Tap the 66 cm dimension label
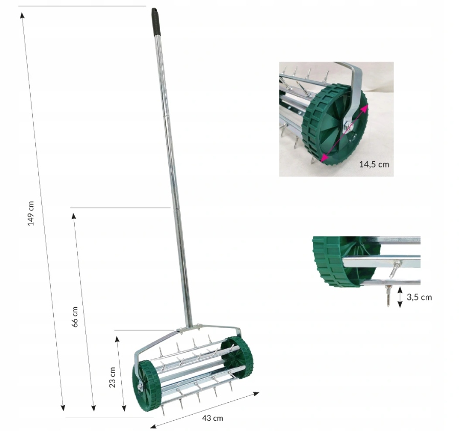75,317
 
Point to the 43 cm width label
212,418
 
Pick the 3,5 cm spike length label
419,297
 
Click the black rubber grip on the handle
156,21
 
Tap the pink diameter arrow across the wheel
343,134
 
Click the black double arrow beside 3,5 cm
400,297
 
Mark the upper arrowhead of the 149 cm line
22,15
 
